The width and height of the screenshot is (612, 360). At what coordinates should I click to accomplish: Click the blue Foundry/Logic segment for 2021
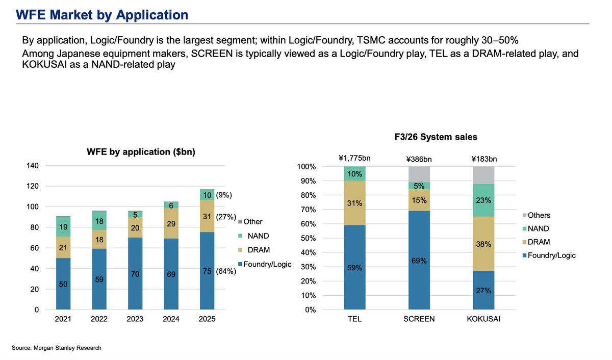[63, 284]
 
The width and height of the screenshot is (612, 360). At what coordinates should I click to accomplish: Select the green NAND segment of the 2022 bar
[99, 221]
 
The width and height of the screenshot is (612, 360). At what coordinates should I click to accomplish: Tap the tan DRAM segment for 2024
[171, 223]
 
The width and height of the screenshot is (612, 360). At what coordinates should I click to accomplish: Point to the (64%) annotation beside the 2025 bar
[226, 271]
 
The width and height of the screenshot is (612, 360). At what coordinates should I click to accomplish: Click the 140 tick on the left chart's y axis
[33, 166]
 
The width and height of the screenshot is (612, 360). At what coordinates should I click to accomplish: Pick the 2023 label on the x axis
[135, 319]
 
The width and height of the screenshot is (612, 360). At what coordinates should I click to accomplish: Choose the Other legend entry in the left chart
[250, 221]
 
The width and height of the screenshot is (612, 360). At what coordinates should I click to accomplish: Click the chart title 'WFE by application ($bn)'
[141, 152]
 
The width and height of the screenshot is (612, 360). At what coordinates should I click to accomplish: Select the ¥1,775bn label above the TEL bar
[354, 158]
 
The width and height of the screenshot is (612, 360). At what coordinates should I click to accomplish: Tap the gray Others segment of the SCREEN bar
[419, 174]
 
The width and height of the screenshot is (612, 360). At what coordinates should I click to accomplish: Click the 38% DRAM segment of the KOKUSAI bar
[483, 244]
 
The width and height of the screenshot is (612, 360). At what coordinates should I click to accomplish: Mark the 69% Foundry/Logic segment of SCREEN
[419, 260]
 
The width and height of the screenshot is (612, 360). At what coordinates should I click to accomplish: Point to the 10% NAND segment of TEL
[354, 173]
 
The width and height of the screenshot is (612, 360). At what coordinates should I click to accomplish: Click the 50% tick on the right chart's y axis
[308, 238]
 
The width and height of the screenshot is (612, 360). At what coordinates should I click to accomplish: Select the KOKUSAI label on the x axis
[483, 319]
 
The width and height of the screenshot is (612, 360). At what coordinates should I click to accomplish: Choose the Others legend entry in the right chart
[537, 215]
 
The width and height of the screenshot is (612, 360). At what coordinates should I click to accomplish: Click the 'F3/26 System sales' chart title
[436, 137]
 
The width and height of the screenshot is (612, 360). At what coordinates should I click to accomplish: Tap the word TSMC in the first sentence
[371, 40]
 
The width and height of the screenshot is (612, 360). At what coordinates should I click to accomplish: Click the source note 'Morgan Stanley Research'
[67, 348]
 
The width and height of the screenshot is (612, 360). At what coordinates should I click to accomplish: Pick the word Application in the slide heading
[152, 15]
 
